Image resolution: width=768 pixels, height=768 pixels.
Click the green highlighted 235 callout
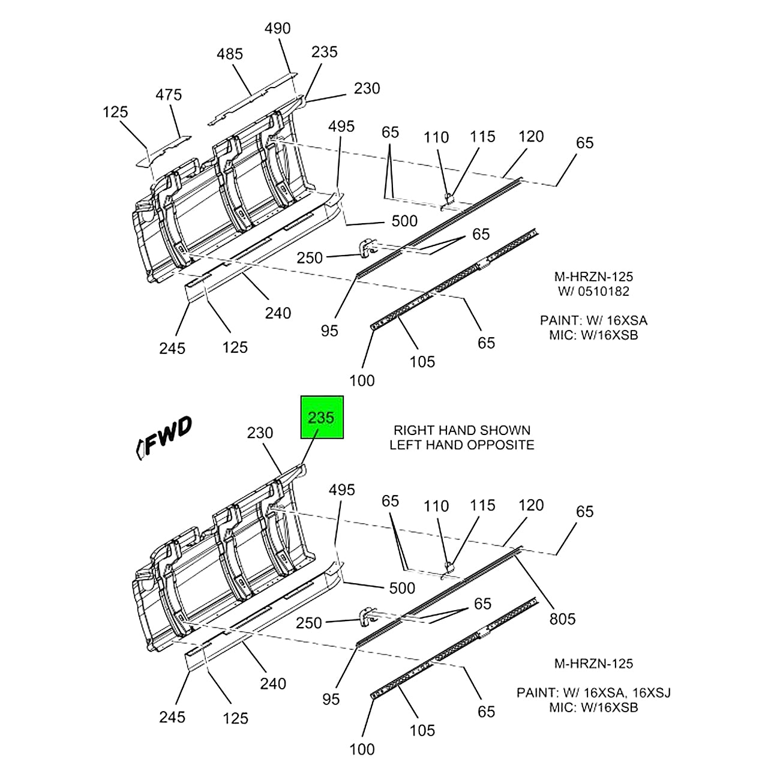coord(322,418)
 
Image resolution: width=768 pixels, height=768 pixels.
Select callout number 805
coord(562,619)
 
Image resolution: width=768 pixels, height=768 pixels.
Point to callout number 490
coord(278,28)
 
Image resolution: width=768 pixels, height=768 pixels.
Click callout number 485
coord(230,54)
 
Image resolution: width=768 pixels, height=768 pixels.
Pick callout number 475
coord(169,95)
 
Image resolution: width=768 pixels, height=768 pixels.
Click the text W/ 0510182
coord(593,292)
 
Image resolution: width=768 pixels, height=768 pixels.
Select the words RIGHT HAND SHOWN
coord(461,430)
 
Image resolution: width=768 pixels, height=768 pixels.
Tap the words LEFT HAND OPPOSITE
coord(461,445)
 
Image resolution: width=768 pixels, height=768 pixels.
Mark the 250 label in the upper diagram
coord(310,257)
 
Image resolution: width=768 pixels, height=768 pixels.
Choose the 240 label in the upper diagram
coord(278,313)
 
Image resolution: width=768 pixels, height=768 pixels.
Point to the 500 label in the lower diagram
coord(402,588)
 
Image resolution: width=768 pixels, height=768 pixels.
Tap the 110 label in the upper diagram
coord(436,137)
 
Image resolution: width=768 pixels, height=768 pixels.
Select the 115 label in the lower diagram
coord(482,505)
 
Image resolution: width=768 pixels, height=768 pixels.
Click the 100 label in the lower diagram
coord(362,749)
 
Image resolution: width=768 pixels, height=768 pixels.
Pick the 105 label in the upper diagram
coord(422,361)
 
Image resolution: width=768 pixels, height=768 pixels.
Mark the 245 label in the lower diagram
coord(172,717)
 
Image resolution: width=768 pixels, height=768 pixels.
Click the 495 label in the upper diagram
coord(341,127)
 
